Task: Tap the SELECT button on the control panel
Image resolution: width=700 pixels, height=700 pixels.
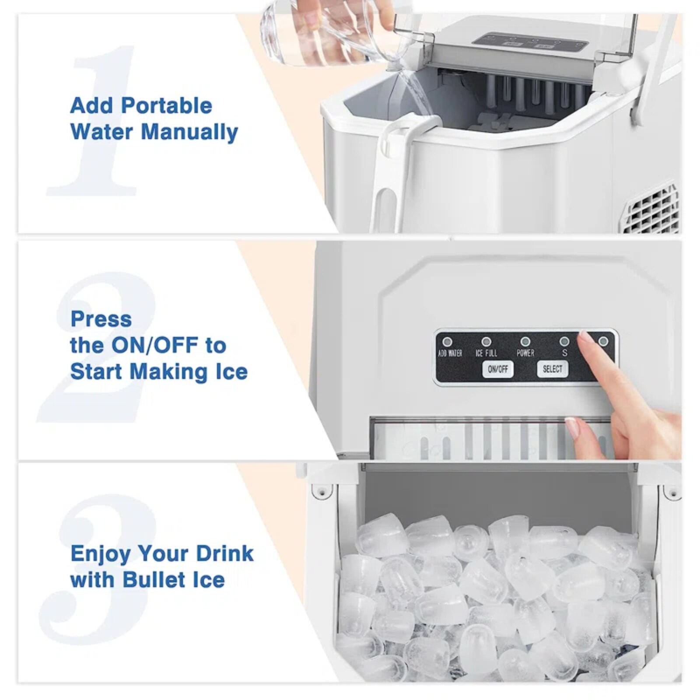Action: point(552,369)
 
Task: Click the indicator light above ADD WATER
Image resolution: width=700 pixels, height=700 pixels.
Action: point(447,342)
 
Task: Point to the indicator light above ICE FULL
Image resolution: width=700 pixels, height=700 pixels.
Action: point(486,342)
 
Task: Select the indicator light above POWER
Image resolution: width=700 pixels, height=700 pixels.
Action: point(525,342)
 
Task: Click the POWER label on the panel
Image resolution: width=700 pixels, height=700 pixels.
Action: point(525,353)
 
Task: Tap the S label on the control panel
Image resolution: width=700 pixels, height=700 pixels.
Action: point(565,353)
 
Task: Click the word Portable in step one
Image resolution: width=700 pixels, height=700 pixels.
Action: point(166,106)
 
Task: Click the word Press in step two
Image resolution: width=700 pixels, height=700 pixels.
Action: point(101,319)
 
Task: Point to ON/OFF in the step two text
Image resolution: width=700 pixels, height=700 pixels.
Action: point(155,345)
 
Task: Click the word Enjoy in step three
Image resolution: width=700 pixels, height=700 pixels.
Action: point(100,554)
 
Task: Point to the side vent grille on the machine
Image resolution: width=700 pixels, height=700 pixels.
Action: point(652,210)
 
